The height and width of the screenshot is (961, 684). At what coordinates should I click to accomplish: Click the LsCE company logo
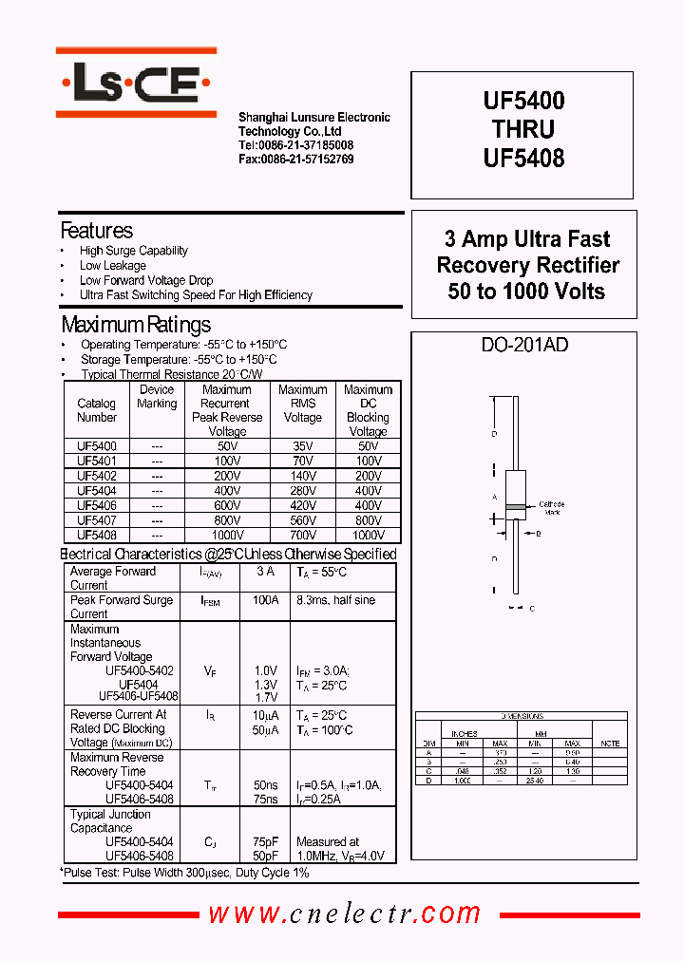(136, 87)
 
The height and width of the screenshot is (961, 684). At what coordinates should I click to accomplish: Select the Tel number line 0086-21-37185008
(295, 145)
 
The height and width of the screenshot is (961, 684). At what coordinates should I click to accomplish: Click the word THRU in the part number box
(523, 129)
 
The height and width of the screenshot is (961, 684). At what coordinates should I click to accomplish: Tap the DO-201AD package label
(524, 346)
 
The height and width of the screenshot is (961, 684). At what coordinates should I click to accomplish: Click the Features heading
(96, 231)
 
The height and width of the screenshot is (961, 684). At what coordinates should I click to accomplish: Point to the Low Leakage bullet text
(112, 266)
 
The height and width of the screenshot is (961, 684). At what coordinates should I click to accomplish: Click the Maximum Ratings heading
(135, 325)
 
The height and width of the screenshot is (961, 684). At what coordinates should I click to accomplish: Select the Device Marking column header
(157, 397)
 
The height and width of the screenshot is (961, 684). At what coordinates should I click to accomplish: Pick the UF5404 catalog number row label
(97, 491)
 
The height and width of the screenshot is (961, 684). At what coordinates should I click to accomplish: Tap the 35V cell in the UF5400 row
(302, 445)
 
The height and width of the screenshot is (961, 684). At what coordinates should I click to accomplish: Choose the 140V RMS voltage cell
(302, 476)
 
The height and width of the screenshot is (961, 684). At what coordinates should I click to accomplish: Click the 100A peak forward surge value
(266, 600)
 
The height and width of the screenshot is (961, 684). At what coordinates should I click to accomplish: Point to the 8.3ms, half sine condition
(335, 600)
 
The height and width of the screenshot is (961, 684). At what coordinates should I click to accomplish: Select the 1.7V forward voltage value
(266, 698)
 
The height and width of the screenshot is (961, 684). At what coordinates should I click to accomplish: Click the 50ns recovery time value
(266, 785)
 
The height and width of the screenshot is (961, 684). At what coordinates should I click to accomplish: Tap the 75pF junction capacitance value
(266, 842)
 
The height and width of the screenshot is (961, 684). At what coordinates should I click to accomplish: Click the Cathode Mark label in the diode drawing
(551, 508)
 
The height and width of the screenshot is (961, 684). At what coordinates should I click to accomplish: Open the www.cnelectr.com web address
(345, 914)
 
